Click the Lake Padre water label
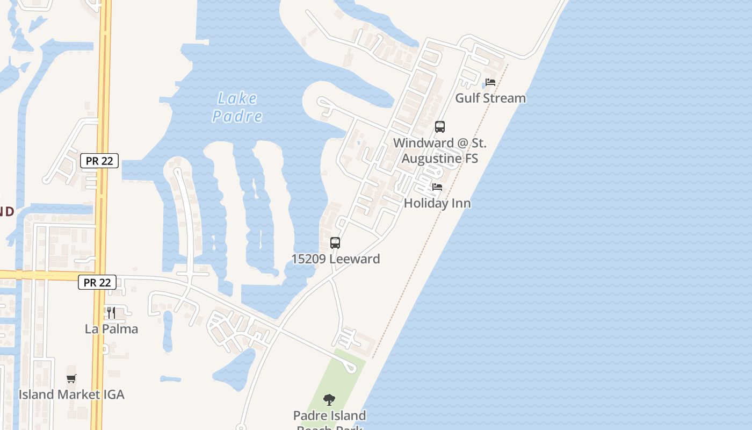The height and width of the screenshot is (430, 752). (x=237, y=107)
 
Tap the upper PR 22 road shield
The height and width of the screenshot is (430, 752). (x=99, y=161)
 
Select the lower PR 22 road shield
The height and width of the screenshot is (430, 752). (x=97, y=282)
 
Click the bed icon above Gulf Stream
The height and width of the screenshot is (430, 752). (x=490, y=82)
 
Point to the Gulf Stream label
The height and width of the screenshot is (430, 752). (x=490, y=98)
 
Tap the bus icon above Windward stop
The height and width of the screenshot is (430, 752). (x=440, y=127)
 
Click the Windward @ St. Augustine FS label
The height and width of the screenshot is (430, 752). (x=439, y=151)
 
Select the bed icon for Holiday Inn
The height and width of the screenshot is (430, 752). (x=437, y=187)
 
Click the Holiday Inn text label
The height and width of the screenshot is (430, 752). (x=437, y=203)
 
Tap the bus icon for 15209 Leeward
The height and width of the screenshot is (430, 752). (x=335, y=243)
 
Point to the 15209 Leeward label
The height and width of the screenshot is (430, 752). (x=335, y=259)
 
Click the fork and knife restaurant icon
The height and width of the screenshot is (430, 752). (x=111, y=313)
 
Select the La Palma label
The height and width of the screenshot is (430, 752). (x=111, y=328)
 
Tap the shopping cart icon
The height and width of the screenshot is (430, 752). (x=71, y=378)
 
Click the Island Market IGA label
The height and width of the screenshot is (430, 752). (x=71, y=395)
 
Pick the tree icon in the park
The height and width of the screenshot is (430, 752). (x=329, y=400)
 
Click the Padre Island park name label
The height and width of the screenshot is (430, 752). (x=329, y=416)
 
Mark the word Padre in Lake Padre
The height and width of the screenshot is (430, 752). (x=237, y=116)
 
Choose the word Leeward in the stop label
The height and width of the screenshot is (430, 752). (x=355, y=259)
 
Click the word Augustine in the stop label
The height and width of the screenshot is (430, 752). (x=431, y=159)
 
